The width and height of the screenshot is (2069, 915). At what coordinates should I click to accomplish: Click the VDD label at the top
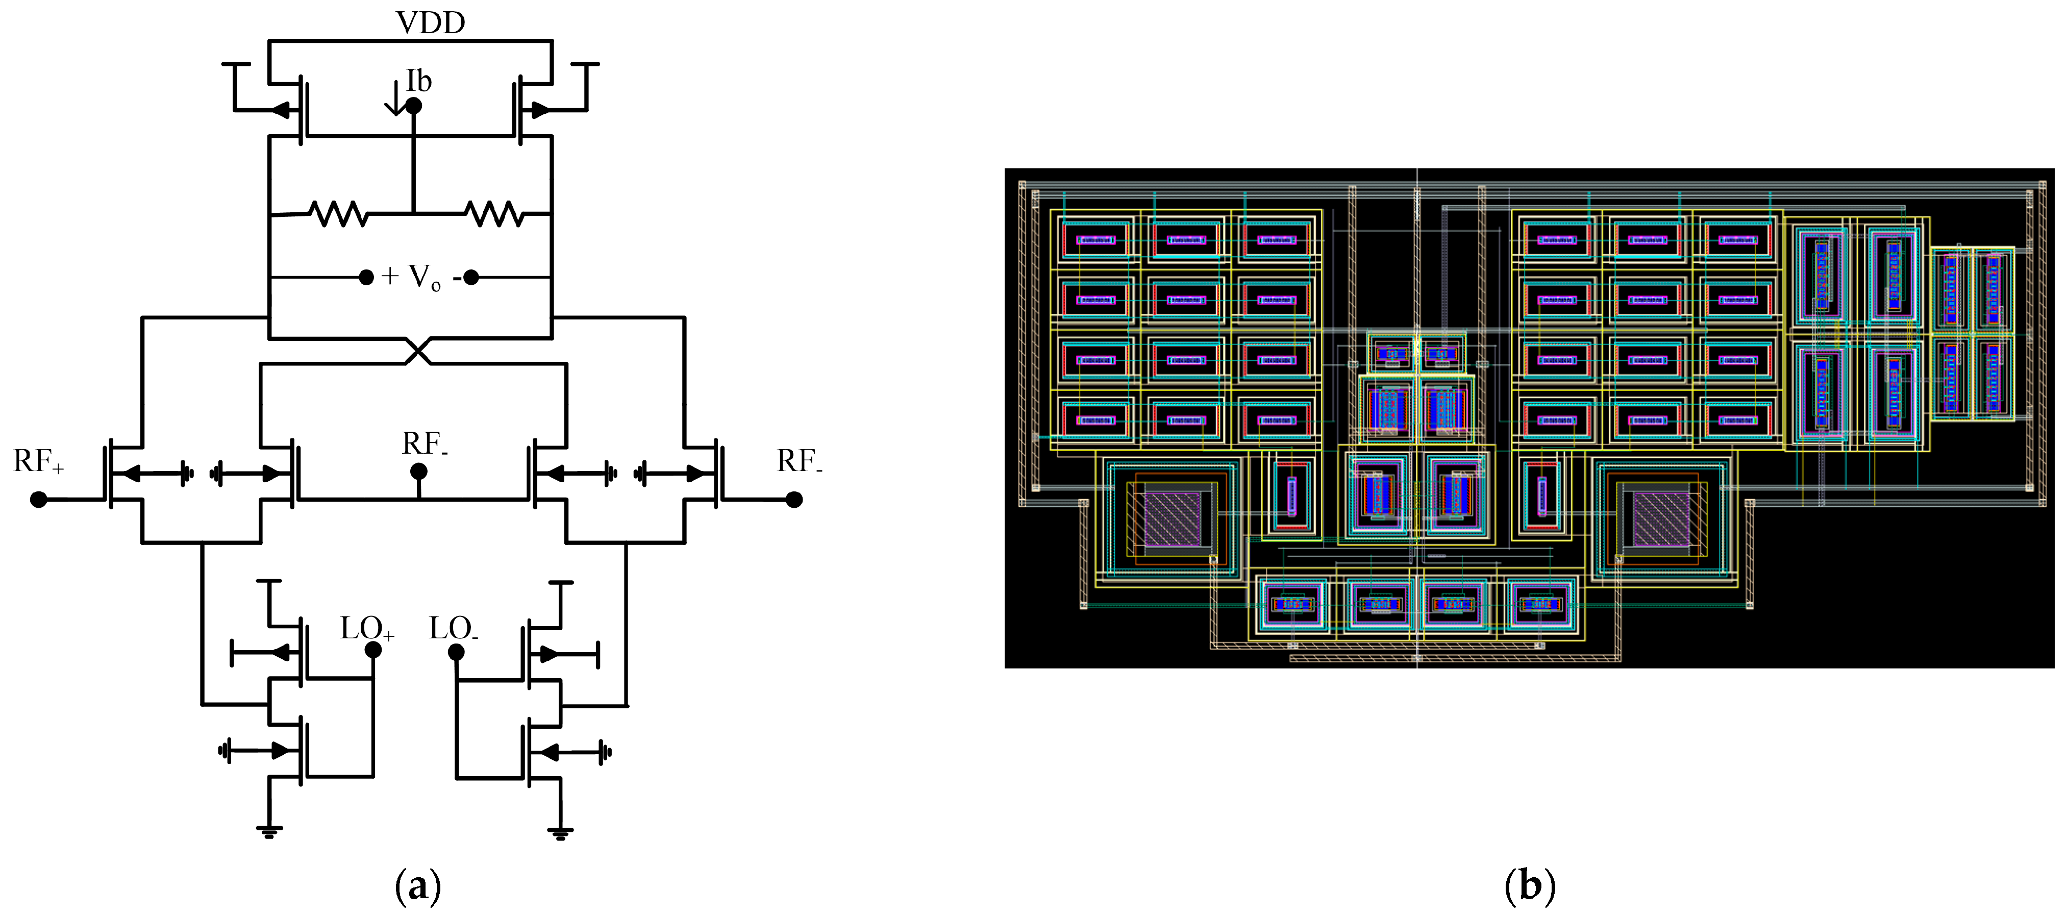tap(431, 22)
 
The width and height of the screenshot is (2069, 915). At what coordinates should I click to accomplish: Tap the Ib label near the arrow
tap(418, 81)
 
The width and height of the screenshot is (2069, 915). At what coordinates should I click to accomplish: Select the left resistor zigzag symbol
tap(338, 214)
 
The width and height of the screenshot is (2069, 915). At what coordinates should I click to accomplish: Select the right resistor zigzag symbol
tap(494, 214)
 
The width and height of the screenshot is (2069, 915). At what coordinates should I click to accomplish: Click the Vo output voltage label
tap(423, 277)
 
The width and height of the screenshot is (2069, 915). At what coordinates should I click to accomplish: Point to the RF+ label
tap(38, 462)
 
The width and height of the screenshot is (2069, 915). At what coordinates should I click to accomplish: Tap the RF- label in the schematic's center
tap(424, 443)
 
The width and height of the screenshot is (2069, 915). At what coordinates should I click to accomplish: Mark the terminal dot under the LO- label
tap(456, 652)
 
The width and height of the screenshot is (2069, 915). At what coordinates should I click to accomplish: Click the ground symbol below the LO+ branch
tap(269, 831)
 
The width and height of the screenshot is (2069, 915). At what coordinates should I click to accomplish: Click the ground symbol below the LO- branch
tap(561, 831)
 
